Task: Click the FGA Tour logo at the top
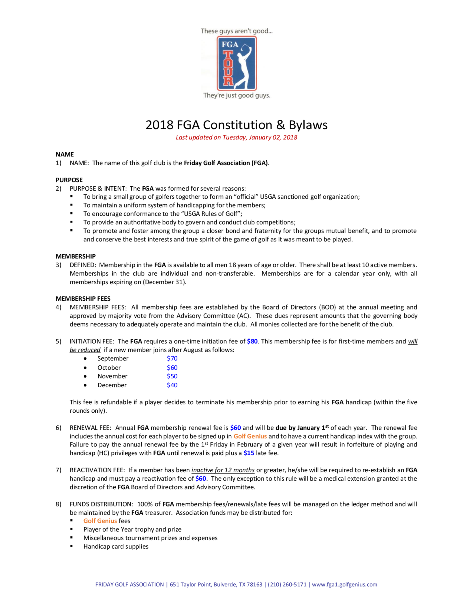[236, 63]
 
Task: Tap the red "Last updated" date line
[236, 137]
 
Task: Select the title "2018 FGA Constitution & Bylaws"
[236, 125]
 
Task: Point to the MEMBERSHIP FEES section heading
[83, 298]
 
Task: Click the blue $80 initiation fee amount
[252, 341]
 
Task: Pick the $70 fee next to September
[172, 358]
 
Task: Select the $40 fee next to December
[172, 385]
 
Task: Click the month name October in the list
[109, 368]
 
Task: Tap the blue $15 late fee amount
[249, 453]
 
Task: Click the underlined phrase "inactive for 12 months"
[223, 470]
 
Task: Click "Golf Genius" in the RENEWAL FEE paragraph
[250, 436]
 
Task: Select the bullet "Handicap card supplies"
[116, 546]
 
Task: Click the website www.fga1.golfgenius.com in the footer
[345, 585]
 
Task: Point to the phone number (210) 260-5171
[287, 585]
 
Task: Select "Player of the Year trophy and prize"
[132, 529]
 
